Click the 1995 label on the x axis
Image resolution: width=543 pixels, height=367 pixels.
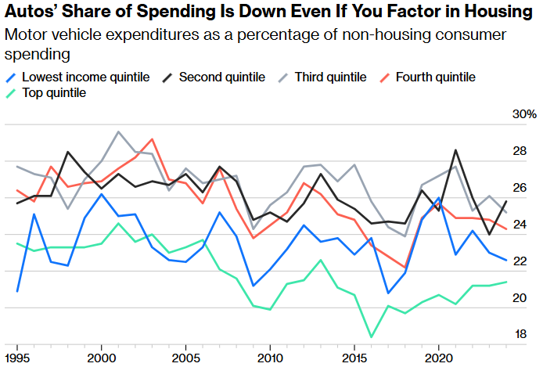(x=17, y=356)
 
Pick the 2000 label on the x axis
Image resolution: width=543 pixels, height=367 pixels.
(x=101, y=356)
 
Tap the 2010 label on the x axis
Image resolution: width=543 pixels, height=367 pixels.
(x=270, y=356)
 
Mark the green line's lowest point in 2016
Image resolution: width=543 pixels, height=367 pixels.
(x=371, y=337)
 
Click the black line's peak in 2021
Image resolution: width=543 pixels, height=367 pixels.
(x=455, y=149)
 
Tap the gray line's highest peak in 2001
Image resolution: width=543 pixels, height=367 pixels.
(x=118, y=131)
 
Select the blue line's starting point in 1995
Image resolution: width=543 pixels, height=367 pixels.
(x=17, y=291)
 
